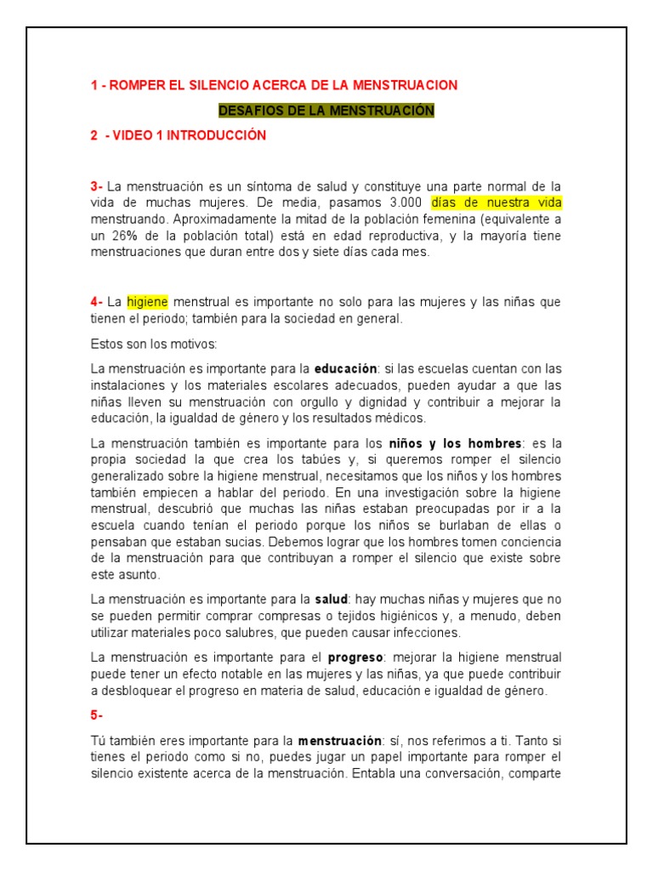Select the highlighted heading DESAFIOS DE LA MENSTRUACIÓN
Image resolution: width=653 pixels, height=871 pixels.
point(326,111)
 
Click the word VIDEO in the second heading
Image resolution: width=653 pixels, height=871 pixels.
point(133,135)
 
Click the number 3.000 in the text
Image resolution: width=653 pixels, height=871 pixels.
point(406,203)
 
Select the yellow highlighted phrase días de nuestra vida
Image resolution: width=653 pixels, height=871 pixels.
point(497,203)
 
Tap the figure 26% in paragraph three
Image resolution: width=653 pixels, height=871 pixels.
point(125,236)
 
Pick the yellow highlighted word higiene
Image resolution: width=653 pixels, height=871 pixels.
point(148,302)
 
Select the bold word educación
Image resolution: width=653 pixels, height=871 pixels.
point(345,369)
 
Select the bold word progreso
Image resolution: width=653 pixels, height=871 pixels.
point(356,658)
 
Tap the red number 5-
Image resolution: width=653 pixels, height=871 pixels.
point(96,716)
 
